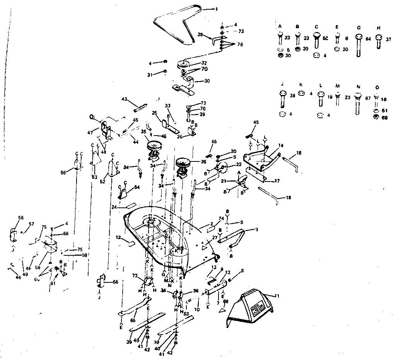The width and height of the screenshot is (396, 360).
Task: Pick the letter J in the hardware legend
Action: [x=282, y=84]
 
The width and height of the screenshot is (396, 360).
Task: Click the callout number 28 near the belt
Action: [x=200, y=35]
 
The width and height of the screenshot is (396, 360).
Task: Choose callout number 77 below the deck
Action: [x=135, y=277]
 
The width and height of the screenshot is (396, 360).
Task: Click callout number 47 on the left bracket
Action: [x=90, y=132]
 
